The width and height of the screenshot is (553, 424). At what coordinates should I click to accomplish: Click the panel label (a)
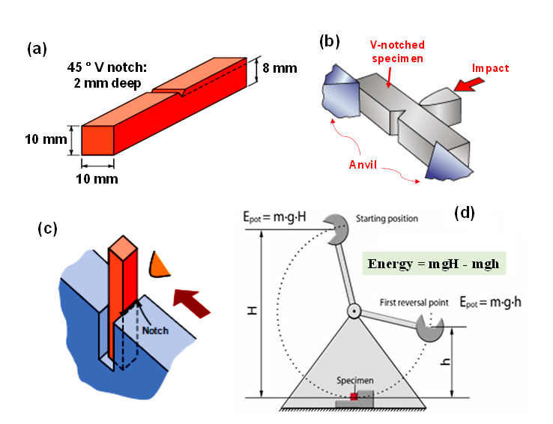click(x=37, y=49)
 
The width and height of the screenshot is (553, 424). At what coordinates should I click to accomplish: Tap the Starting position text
click(x=387, y=219)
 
